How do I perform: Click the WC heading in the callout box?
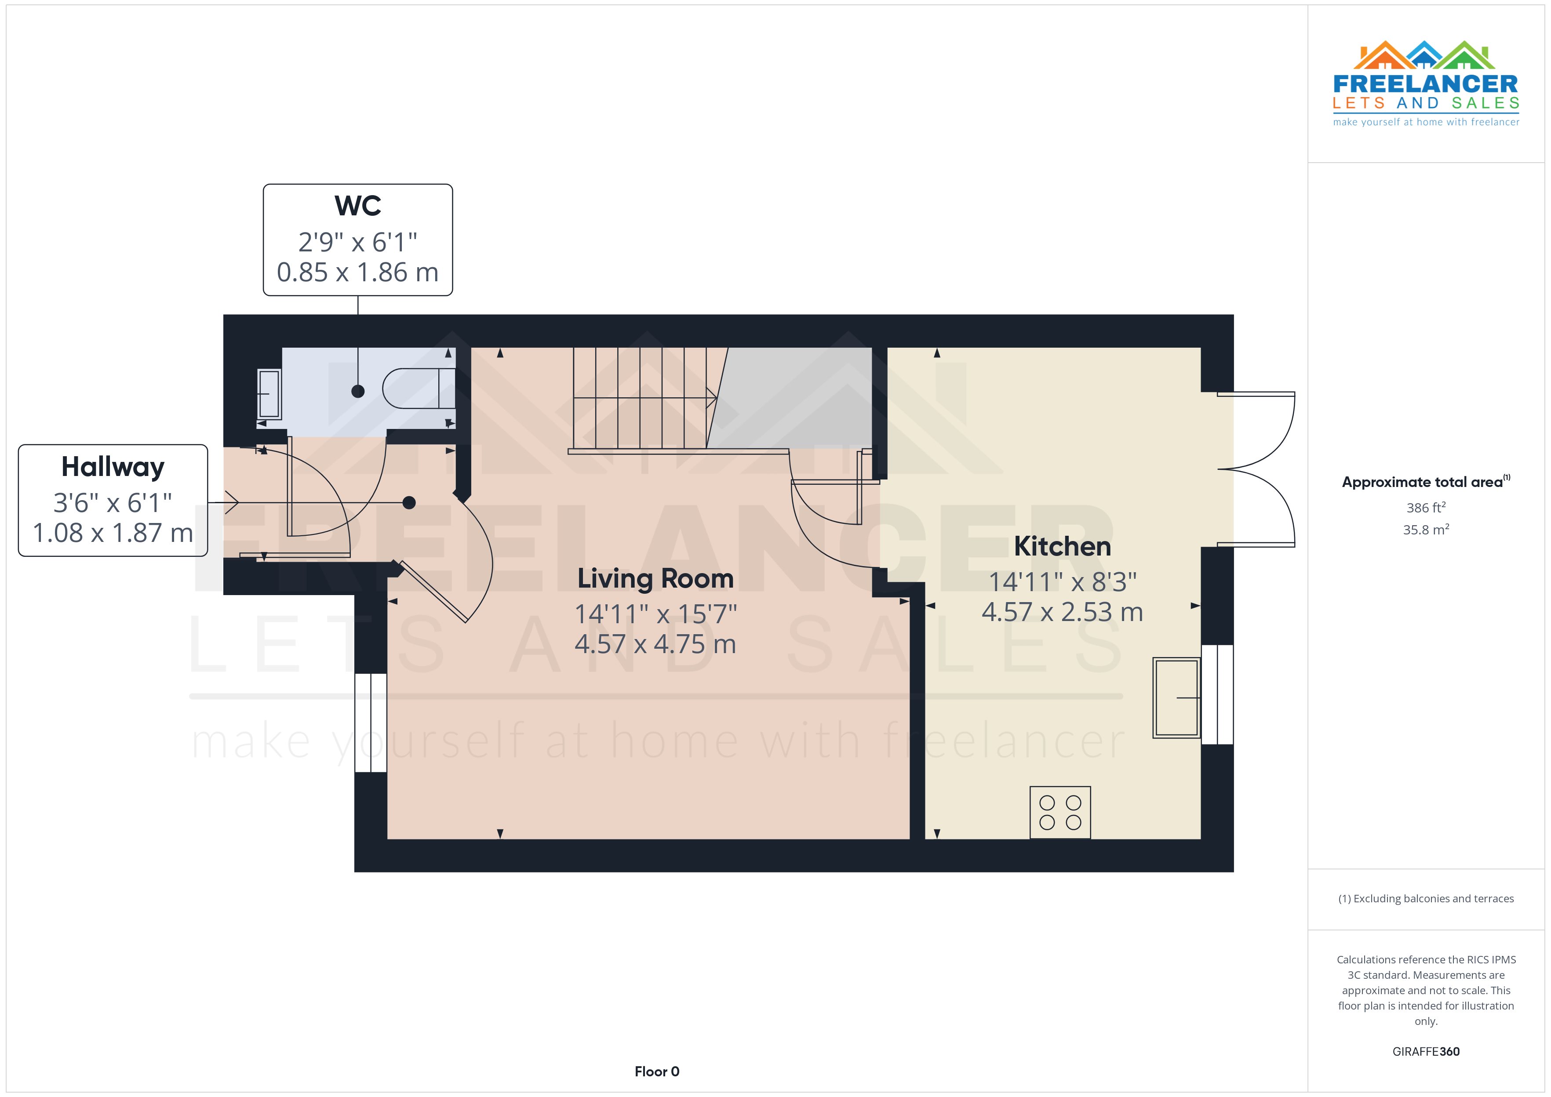pos(357,206)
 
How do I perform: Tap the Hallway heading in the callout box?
pos(113,467)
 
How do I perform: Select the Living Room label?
pos(655,579)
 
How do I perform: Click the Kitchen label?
pos(1062,546)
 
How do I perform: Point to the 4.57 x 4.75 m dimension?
pos(655,644)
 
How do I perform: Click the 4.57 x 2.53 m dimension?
pos(1062,612)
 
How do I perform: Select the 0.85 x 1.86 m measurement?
pos(357,272)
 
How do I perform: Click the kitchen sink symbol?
pos(1176,697)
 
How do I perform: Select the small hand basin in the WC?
pos(269,393)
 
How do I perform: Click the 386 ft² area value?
pos(1425,507)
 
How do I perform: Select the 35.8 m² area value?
pos(1425,530)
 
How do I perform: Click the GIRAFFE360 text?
pos(1425,1051)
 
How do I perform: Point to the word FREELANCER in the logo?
pos(1425,84)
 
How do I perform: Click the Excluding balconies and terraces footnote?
pos(1425,898)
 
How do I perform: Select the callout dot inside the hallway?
pos(409,502)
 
